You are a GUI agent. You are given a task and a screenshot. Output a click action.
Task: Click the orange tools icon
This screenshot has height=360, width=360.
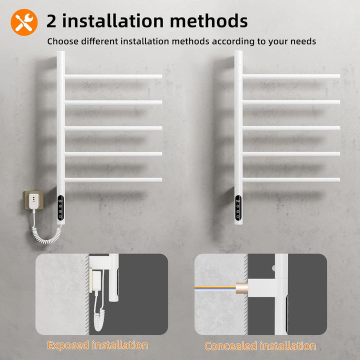[24, 22]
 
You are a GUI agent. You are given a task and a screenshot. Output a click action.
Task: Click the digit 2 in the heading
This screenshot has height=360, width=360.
[51, 21]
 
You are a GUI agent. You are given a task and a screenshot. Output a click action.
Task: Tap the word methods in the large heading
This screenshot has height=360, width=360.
[208, 20]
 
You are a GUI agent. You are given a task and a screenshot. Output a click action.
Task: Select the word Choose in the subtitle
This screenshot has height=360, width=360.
[62, 41]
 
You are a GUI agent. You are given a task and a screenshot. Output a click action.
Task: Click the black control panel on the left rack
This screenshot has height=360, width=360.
[60, 207]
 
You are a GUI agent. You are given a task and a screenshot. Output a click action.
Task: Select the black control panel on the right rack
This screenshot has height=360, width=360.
[238, 207]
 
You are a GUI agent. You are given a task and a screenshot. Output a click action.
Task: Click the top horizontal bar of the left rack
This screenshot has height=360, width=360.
[113, 76]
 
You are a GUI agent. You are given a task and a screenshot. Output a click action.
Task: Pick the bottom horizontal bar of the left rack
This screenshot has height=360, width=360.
[113, 180]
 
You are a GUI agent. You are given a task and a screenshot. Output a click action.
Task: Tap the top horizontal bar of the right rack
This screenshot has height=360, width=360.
[291, 76]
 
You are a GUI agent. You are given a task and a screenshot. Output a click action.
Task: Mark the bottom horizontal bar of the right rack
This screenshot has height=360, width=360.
[291, 180]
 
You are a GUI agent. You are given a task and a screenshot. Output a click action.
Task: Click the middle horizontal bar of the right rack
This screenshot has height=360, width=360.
[291, 128]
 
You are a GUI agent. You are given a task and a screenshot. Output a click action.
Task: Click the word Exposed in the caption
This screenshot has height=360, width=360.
[68, 345]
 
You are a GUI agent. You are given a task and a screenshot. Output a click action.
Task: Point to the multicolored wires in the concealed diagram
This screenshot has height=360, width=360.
[215, 287]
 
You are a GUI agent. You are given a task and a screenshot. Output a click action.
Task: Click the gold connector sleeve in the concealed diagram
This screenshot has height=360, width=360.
[242, 288]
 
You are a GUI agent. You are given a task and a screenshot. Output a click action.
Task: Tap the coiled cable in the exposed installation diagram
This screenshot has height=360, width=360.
[99, 318]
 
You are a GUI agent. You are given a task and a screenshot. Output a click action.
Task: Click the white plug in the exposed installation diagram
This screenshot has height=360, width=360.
[96, 283]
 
